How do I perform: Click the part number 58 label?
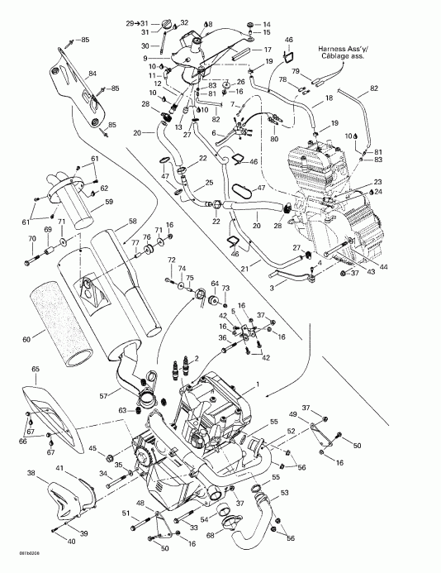coord(131,222)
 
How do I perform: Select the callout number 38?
coord(31,474)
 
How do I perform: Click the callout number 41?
coord(59,469)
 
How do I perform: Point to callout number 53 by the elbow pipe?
coord(286,493)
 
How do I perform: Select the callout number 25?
coord(210,183)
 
